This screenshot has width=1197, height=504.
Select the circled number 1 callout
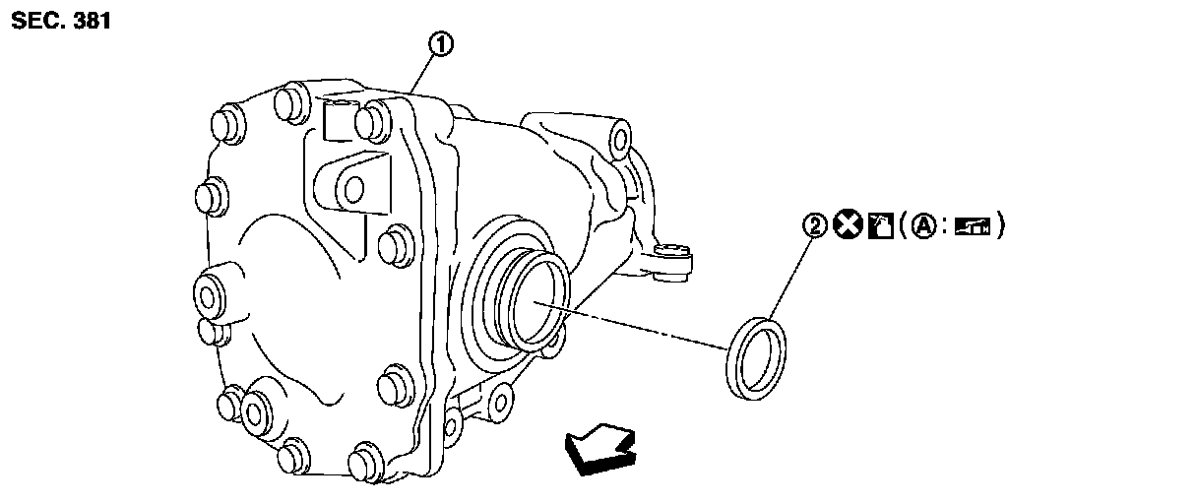pos(442,44)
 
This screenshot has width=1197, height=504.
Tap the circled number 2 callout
pos(813,226)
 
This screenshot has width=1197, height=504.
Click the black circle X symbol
pos(844,226)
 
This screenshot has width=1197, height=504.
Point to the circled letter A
pos(921,226)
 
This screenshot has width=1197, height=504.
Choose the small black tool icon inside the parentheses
pos(970,226)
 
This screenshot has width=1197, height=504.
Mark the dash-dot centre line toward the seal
pos(640,327)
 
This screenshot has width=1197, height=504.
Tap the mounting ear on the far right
pos(678,261)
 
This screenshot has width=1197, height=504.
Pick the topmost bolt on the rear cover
pos(288,99)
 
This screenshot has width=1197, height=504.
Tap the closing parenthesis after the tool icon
pos(999,226)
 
